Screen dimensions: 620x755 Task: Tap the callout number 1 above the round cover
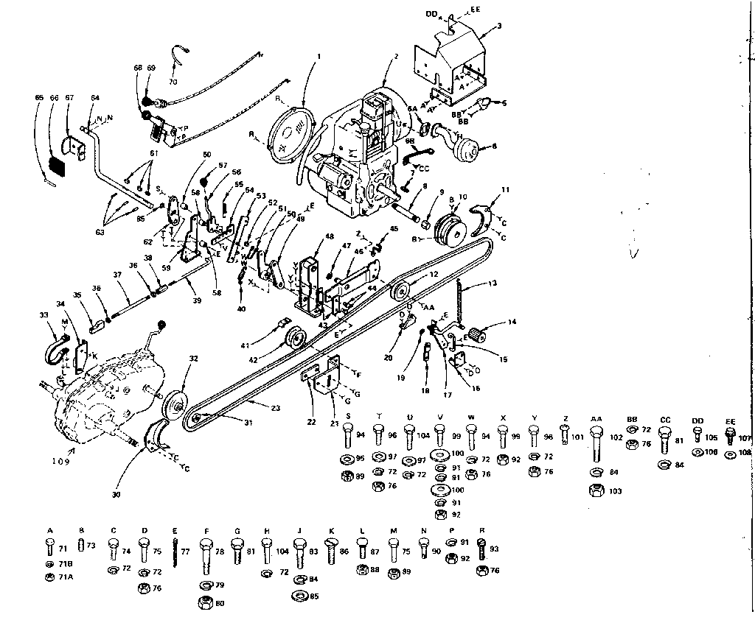click(x=319, y=56)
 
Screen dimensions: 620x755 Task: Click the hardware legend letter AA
click(x=596, y=418)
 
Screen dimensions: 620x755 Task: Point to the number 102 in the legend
click(x=614, y=436)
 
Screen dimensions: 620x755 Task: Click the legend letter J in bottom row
click(x=299, y=531)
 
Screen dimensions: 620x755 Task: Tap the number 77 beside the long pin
click(x=186, y=549)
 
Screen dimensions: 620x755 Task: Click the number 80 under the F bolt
click(x=219, y=603)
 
